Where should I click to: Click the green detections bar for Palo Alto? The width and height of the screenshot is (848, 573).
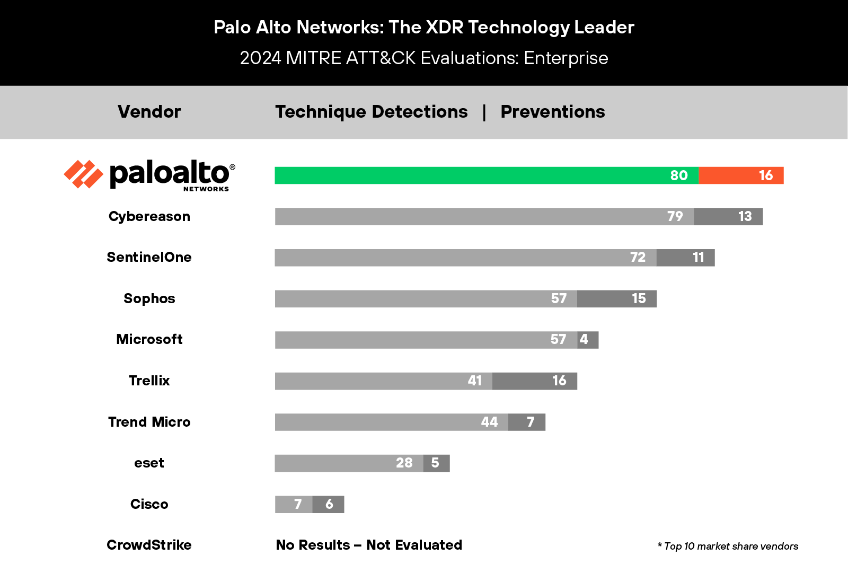[477, 175]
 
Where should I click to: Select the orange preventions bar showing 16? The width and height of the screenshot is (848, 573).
[741, 175]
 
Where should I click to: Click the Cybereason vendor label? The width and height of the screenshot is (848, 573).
[149, 216]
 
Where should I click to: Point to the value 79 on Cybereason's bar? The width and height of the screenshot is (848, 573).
[675, 216]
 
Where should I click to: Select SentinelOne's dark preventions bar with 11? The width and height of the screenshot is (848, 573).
[685, 258]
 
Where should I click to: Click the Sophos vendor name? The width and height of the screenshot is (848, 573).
[149, 298]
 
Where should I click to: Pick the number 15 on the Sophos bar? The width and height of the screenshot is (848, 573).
[639, 298]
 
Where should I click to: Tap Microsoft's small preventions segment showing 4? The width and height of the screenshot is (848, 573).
[588, 340]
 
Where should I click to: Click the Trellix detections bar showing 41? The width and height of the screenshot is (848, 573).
[383, 381]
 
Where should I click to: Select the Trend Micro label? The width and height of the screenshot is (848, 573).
[149, 422]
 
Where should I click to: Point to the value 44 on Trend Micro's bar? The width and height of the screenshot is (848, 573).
[489, 422]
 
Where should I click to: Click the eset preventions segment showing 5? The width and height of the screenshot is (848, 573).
[436, 463]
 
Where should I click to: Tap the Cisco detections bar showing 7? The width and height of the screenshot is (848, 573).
[294, 504]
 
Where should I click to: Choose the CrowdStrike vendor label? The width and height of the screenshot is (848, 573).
[149, 545]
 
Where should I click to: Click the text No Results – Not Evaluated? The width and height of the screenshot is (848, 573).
[369, 545]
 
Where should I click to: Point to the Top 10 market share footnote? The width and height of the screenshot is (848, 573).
[728, 546]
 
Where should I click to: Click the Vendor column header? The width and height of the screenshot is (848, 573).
[149, 112]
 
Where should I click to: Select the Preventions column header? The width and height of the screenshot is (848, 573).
[553, 112]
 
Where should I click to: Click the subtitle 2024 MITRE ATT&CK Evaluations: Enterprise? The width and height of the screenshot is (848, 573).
[424, 58]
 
